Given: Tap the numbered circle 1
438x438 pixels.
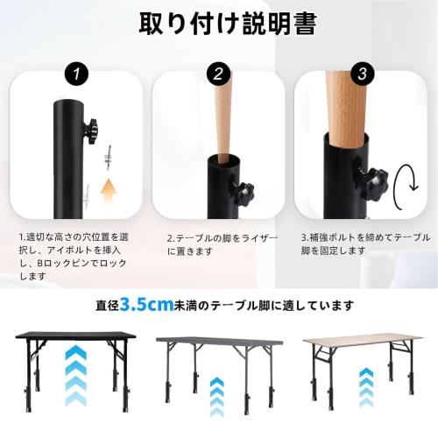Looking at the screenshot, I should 79,76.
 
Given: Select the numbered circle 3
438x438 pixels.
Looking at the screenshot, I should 359,76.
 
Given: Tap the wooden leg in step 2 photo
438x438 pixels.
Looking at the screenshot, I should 222,114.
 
